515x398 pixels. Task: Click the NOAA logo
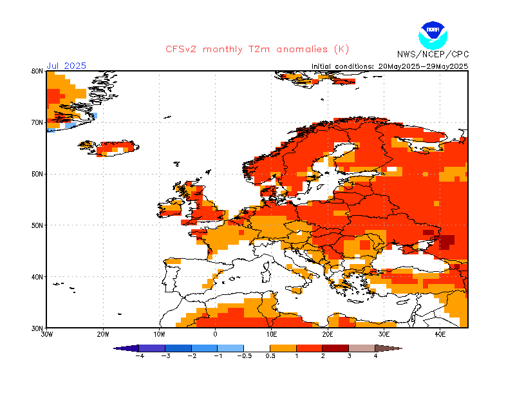[433, 35]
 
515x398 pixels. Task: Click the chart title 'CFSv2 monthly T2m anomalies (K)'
[257, 50]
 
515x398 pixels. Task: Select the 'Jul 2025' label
[66, 66]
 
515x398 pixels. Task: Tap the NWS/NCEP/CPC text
[433, 54]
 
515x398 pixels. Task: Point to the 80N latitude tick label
[37, 71]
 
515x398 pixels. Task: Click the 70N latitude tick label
[37, 122]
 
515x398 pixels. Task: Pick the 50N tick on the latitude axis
[37, 225]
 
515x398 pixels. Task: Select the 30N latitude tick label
[37, 328]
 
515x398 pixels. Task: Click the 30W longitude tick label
[46, 335]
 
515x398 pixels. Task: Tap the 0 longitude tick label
[216, 335]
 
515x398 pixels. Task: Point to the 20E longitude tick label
[328, 335]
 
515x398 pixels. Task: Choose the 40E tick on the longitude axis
[440, 335]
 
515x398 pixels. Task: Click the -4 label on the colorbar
[140, 356]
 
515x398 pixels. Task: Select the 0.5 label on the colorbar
[270, 356]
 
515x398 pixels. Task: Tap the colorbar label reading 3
[349, 356]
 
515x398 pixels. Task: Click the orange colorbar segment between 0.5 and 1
[283, 348]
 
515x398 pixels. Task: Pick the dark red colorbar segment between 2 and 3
[335, 348]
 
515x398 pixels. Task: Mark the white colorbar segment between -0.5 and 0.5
[257, 348]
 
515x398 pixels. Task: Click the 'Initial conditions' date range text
[390, 66]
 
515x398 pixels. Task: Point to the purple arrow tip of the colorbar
[115, 348]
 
